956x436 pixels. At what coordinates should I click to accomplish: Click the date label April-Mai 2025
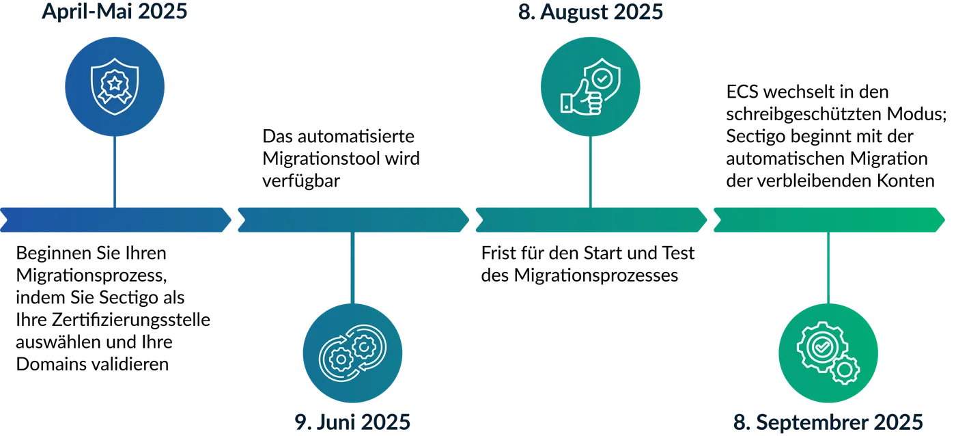(115, 12)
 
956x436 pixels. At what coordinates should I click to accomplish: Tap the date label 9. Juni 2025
(352, 421)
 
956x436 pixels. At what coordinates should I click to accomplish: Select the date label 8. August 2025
(591, 12)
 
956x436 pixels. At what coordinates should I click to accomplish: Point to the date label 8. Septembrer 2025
(828, 421)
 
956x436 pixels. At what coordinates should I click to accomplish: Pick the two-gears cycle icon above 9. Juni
(352, 353)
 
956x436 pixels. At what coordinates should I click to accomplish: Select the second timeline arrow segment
(352, 219)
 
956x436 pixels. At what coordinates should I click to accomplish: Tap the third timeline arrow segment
(591, 219)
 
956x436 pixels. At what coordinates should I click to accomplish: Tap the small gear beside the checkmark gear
(845, 370)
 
